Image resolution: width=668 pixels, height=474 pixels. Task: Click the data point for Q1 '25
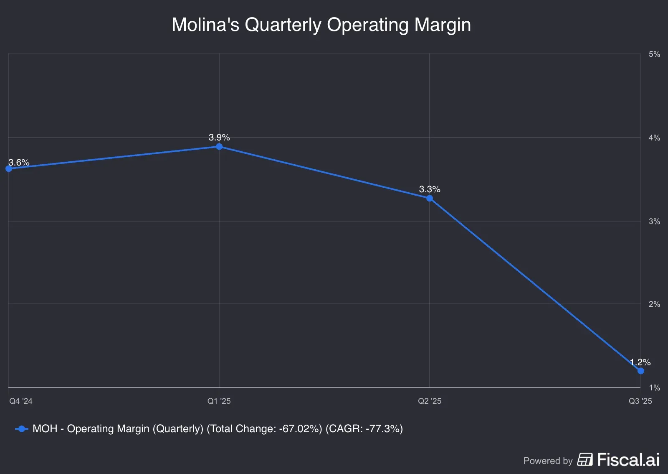(x=219, y=147)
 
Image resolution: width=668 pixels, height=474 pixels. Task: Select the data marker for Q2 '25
(x=430, y=198)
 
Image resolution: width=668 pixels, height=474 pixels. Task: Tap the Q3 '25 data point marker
(x=640, y=371)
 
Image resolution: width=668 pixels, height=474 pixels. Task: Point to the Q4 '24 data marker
(x=9, y=169)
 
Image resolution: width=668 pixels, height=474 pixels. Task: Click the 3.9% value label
(x=219, y=138)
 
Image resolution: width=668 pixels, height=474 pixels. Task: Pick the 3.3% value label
(x=430, y=189)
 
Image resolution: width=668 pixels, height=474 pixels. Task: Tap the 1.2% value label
(x=640, y=362)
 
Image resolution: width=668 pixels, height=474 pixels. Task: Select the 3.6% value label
(x=19, y=163)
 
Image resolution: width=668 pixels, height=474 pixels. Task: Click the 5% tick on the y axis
(x=654, y=54)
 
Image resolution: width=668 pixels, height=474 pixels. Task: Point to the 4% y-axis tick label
(x=654, y=138)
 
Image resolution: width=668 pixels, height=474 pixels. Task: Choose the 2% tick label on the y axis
(x=654, y=304)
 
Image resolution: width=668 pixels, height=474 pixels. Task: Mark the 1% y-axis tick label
(x=654, y=388)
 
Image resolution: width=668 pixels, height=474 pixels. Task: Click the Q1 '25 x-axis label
(x=219, y=401)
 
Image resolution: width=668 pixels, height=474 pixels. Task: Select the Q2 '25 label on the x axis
(x=430, y=401)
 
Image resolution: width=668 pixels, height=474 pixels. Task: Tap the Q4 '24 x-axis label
(x=21, y=401)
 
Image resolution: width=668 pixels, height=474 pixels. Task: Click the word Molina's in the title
(x=205, y=25)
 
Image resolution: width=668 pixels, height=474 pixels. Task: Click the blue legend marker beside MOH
(x=21, y=429)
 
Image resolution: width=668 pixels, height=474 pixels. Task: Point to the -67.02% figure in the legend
(x=300, y=429)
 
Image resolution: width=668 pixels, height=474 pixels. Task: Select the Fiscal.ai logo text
(x=628, y=460)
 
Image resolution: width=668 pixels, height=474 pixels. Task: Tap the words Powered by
(x=548, y=461)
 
